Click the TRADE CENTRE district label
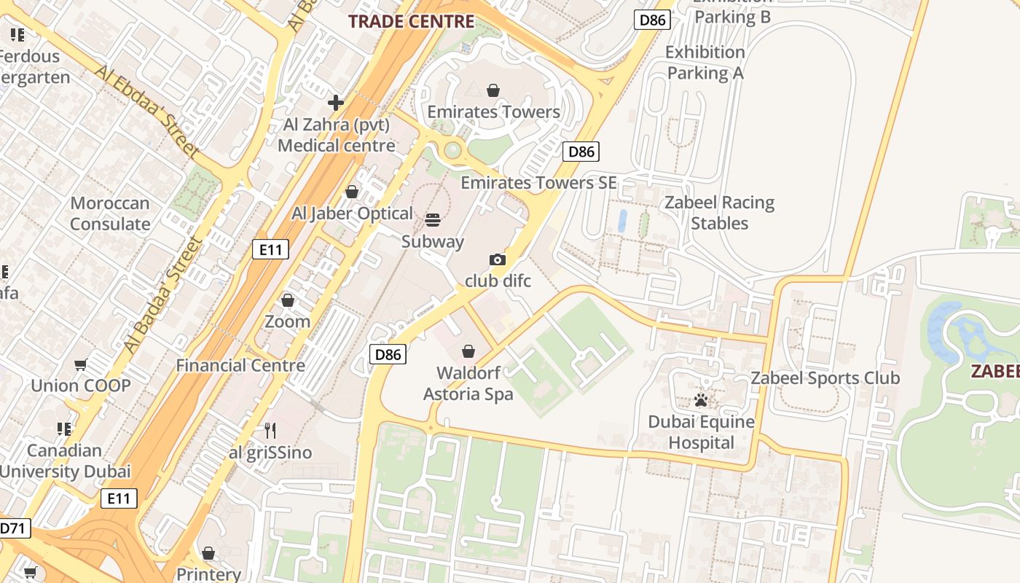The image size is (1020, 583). (x=412, y=21)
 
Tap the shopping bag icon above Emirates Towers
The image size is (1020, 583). (x=493, y=91)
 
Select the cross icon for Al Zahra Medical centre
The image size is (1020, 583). (x=336, y=103)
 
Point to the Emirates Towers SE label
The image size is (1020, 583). (x=538, y=183)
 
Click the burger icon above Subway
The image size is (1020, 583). (x=433, y=220)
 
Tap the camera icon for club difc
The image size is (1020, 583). (x=498, y=260)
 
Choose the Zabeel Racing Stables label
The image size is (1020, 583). (x=719, y=213)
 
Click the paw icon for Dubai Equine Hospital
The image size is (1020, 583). (x=701, y=400)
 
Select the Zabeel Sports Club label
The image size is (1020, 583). (x=825, y=378)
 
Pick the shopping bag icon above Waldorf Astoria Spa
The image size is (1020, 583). (x=468, y=352)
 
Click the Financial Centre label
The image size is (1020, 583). (x=240, y=365)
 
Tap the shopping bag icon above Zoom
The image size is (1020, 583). (x=288, y=300)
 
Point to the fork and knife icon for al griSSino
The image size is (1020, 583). (x=270, y=431)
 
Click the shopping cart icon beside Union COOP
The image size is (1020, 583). (x=81, y=364)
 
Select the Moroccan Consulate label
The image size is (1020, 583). (x=110, y=214)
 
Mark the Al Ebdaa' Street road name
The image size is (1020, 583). (x=146, y=112)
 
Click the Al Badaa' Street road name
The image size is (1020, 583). (x=163, y=295)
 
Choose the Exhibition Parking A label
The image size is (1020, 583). (x=705, y=63)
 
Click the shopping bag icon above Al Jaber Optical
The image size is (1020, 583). (x=352, y=192)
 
